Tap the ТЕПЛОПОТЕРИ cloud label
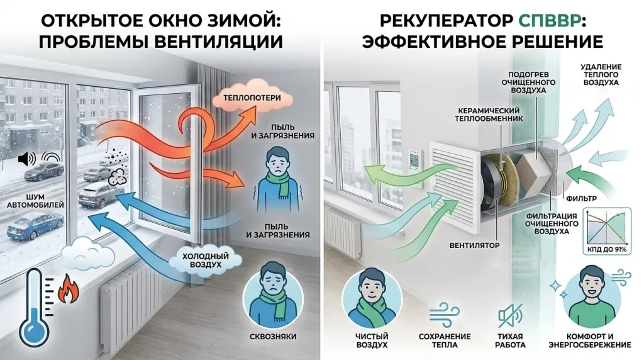pos(252,98)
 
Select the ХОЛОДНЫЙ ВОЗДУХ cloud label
pos(206,260)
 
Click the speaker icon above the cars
pos(26,159)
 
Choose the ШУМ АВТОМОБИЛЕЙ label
pos(35,200)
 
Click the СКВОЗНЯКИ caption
pos(273,337)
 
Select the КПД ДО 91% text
pos(607,249)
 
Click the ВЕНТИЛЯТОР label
pos(474,245)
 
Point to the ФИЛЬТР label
pos(581,198)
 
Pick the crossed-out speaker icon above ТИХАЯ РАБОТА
pos(510,315)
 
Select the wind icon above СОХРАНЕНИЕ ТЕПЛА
pos(445,315)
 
